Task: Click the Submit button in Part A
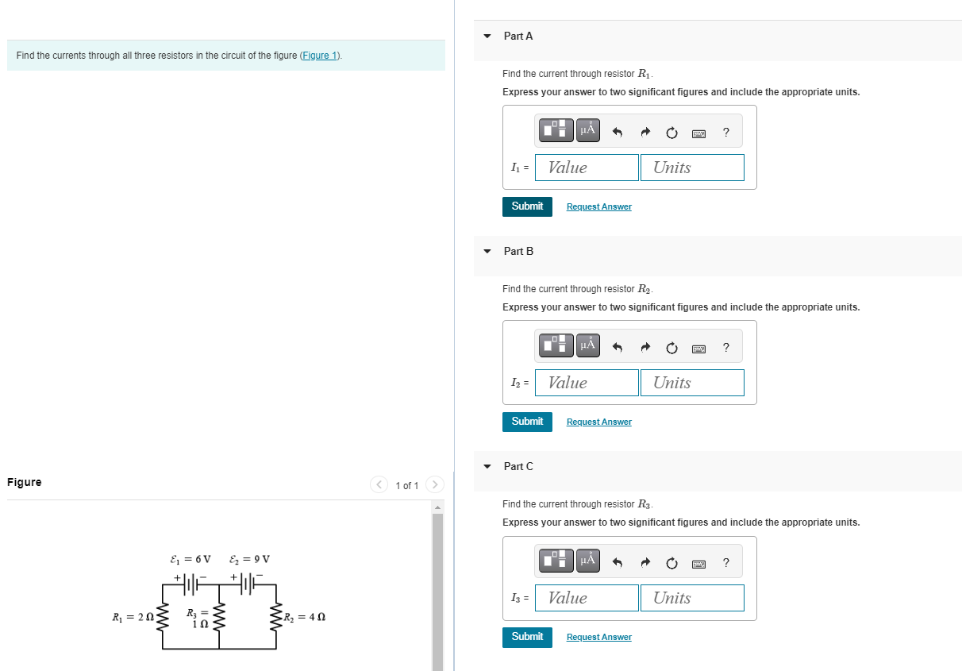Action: pos(527,206)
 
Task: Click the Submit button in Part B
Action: pos(527,422)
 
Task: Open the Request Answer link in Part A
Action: pos(598,206)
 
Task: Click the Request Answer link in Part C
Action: pos(598,637)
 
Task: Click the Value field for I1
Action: pos(587,168)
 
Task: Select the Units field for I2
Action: pos(692,383)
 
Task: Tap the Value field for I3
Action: pos(587,598)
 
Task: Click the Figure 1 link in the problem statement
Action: pos(320,56)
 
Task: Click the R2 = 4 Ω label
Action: pos(306,616)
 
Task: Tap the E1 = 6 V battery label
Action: pos(190,559)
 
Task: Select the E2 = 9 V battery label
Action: pos(250,559)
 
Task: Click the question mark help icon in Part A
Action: pos(725,132)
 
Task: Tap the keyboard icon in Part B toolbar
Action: pos(698,348)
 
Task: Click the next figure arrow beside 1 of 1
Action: pos(434,484)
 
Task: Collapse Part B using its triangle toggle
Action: pos(487,251)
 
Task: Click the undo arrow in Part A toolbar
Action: pos(618,133)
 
